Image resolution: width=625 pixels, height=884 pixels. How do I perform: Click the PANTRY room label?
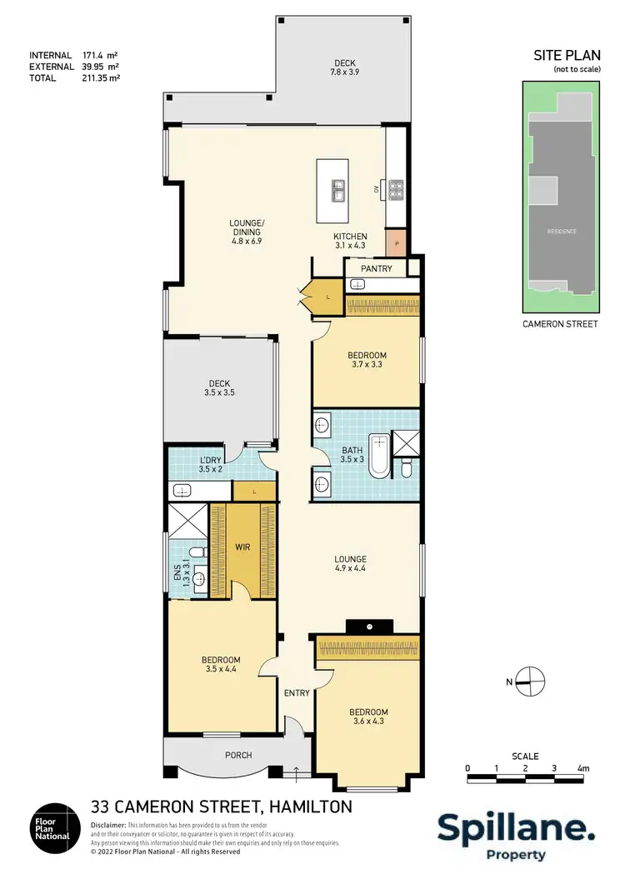[377, 269]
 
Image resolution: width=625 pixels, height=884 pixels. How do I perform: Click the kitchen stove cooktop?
[396, 191]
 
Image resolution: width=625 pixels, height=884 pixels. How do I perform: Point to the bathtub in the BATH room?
[379, 456]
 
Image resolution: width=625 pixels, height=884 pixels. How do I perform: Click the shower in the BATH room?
[407, 442]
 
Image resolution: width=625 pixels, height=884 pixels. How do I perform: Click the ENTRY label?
[297, 693]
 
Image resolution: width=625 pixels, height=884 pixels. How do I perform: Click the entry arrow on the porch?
[297, 773]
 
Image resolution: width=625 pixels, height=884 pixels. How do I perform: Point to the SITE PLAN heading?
[566, 56]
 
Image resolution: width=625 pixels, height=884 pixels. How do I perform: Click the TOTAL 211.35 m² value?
[101, 77]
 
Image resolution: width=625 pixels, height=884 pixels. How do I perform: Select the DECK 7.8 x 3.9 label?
[345, 67]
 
